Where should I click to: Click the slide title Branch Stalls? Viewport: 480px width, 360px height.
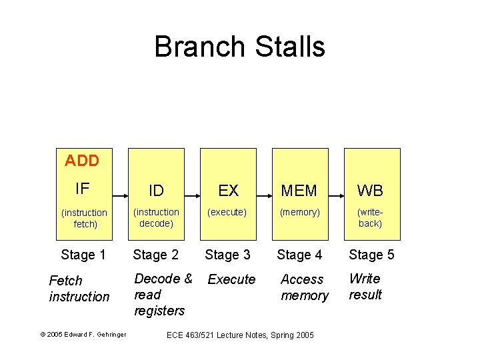239,47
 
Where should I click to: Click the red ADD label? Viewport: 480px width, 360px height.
82,161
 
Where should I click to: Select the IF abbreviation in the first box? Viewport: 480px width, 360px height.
82,189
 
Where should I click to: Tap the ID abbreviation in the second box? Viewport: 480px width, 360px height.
156,191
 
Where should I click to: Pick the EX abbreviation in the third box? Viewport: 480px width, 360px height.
228,191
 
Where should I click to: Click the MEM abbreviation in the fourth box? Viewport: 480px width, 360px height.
299,191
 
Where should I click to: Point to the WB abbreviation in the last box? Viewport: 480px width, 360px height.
371,191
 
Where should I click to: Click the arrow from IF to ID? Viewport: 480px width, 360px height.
120,197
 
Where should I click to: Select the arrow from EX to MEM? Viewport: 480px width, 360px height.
263,197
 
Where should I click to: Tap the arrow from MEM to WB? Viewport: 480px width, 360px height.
335,197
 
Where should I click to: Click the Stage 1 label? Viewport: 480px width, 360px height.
83,255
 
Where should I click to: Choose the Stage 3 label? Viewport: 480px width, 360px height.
228,255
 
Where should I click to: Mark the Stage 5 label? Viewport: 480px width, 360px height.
371,255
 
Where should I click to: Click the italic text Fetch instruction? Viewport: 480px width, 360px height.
79,289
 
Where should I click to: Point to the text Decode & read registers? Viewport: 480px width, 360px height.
163,295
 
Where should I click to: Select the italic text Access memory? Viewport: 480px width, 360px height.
305,287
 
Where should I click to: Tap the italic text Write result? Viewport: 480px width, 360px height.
365,287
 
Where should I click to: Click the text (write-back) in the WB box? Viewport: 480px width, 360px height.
370,218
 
